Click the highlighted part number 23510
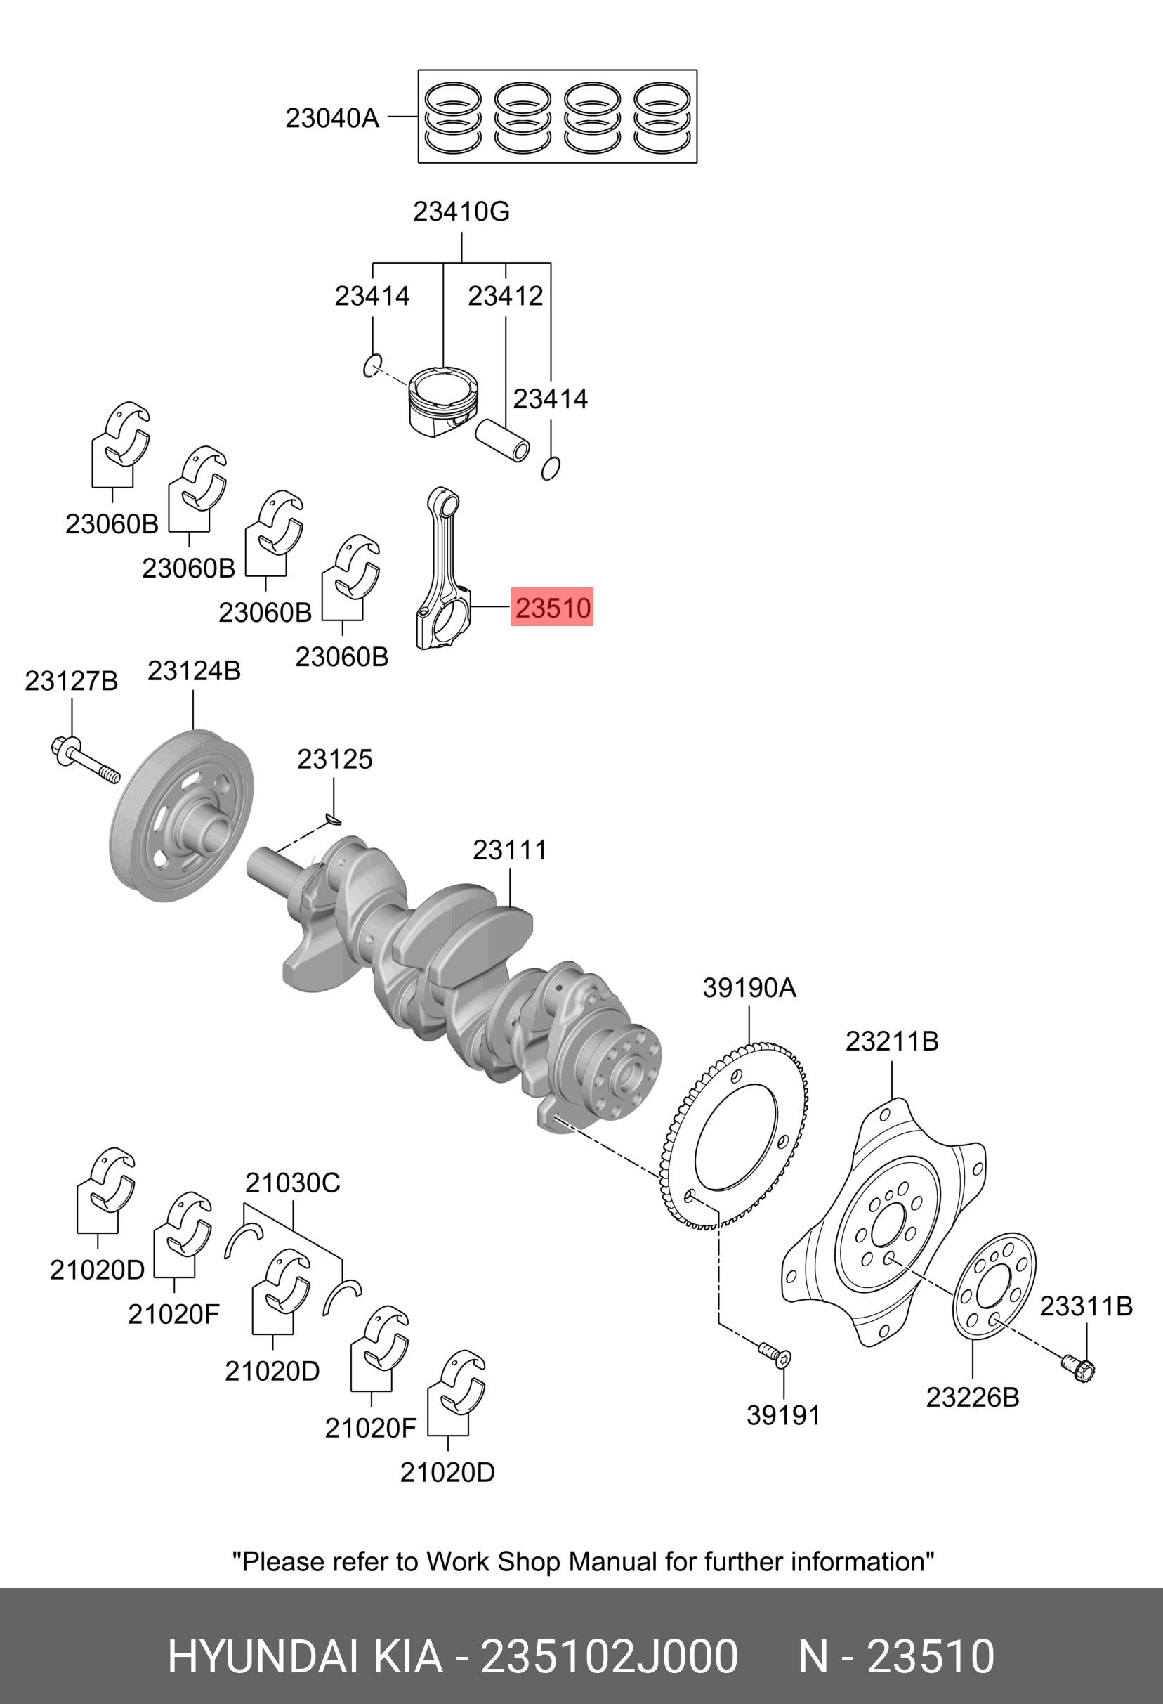click(552, 607)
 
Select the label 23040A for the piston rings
click(332, 117)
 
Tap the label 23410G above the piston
click(461, 212)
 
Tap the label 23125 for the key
click(334, 759)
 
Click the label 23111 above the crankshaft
click(509, 850)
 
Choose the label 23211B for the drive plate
click(892, 1041)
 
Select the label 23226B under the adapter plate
click(972, 1398)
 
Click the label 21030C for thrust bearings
click(292, 1183)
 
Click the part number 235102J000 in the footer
click(608, 1656)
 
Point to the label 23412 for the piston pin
click(505, 297)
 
